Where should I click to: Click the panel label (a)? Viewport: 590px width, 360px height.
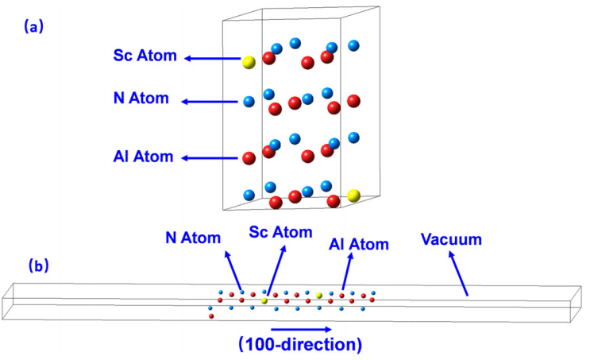click(33, 27)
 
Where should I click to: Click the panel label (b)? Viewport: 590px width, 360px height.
click(39, 266)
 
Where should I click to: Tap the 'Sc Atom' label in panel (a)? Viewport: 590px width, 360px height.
click(145, 56)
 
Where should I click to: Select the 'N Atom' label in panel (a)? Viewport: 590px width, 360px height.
click(141, 98)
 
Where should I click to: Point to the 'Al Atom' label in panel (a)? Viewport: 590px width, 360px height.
click(144, 157)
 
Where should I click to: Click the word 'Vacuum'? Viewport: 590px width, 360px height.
click(451, 239)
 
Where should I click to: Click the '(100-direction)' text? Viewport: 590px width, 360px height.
click(300, 345)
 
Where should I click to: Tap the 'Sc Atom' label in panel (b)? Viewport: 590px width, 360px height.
click(280, 232)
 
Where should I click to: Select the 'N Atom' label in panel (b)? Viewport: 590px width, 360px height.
click(193, 238)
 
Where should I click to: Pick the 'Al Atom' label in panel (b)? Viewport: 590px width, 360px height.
click(359, 245)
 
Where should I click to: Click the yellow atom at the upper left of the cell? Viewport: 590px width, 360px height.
click(249, 62)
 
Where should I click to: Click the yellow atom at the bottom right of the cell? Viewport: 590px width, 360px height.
click(353, 195)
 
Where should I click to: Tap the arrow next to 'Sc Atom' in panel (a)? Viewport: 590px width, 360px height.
click(212, 58)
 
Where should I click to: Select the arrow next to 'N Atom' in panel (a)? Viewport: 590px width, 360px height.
click(210, 102)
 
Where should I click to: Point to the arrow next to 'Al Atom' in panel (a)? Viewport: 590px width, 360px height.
click(210, 158)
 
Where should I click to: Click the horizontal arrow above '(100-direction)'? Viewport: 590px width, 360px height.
click(301, 330)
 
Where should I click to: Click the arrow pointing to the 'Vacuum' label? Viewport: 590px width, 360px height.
click(458, 273)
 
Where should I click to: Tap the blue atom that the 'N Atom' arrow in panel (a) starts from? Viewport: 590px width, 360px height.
click(249, 101)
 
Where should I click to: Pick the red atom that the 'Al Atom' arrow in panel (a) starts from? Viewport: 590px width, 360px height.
click(249, 158)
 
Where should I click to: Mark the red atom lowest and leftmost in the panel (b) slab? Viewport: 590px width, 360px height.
click(211, 316)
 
